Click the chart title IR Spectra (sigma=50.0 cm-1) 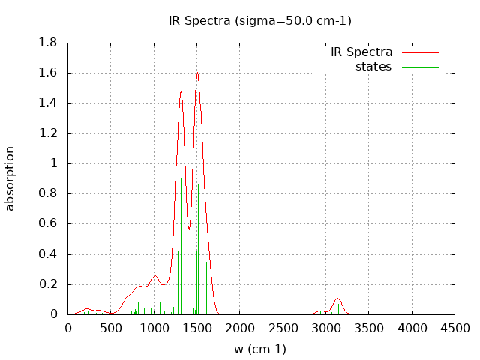259,21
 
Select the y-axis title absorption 10,178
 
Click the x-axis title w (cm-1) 259,349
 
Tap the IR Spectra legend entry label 361,52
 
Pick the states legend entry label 373,67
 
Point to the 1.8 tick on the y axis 48,43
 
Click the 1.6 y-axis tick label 48,73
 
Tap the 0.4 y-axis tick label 48,254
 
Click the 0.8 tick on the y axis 48,193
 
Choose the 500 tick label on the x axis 111,328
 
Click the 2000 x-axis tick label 240,328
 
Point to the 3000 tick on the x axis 326,328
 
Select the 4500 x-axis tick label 455,328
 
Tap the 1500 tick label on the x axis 197,328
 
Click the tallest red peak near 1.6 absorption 197,73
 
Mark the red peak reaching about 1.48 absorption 181,91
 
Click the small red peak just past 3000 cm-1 337,298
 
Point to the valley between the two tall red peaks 189,229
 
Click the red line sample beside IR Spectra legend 420,52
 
